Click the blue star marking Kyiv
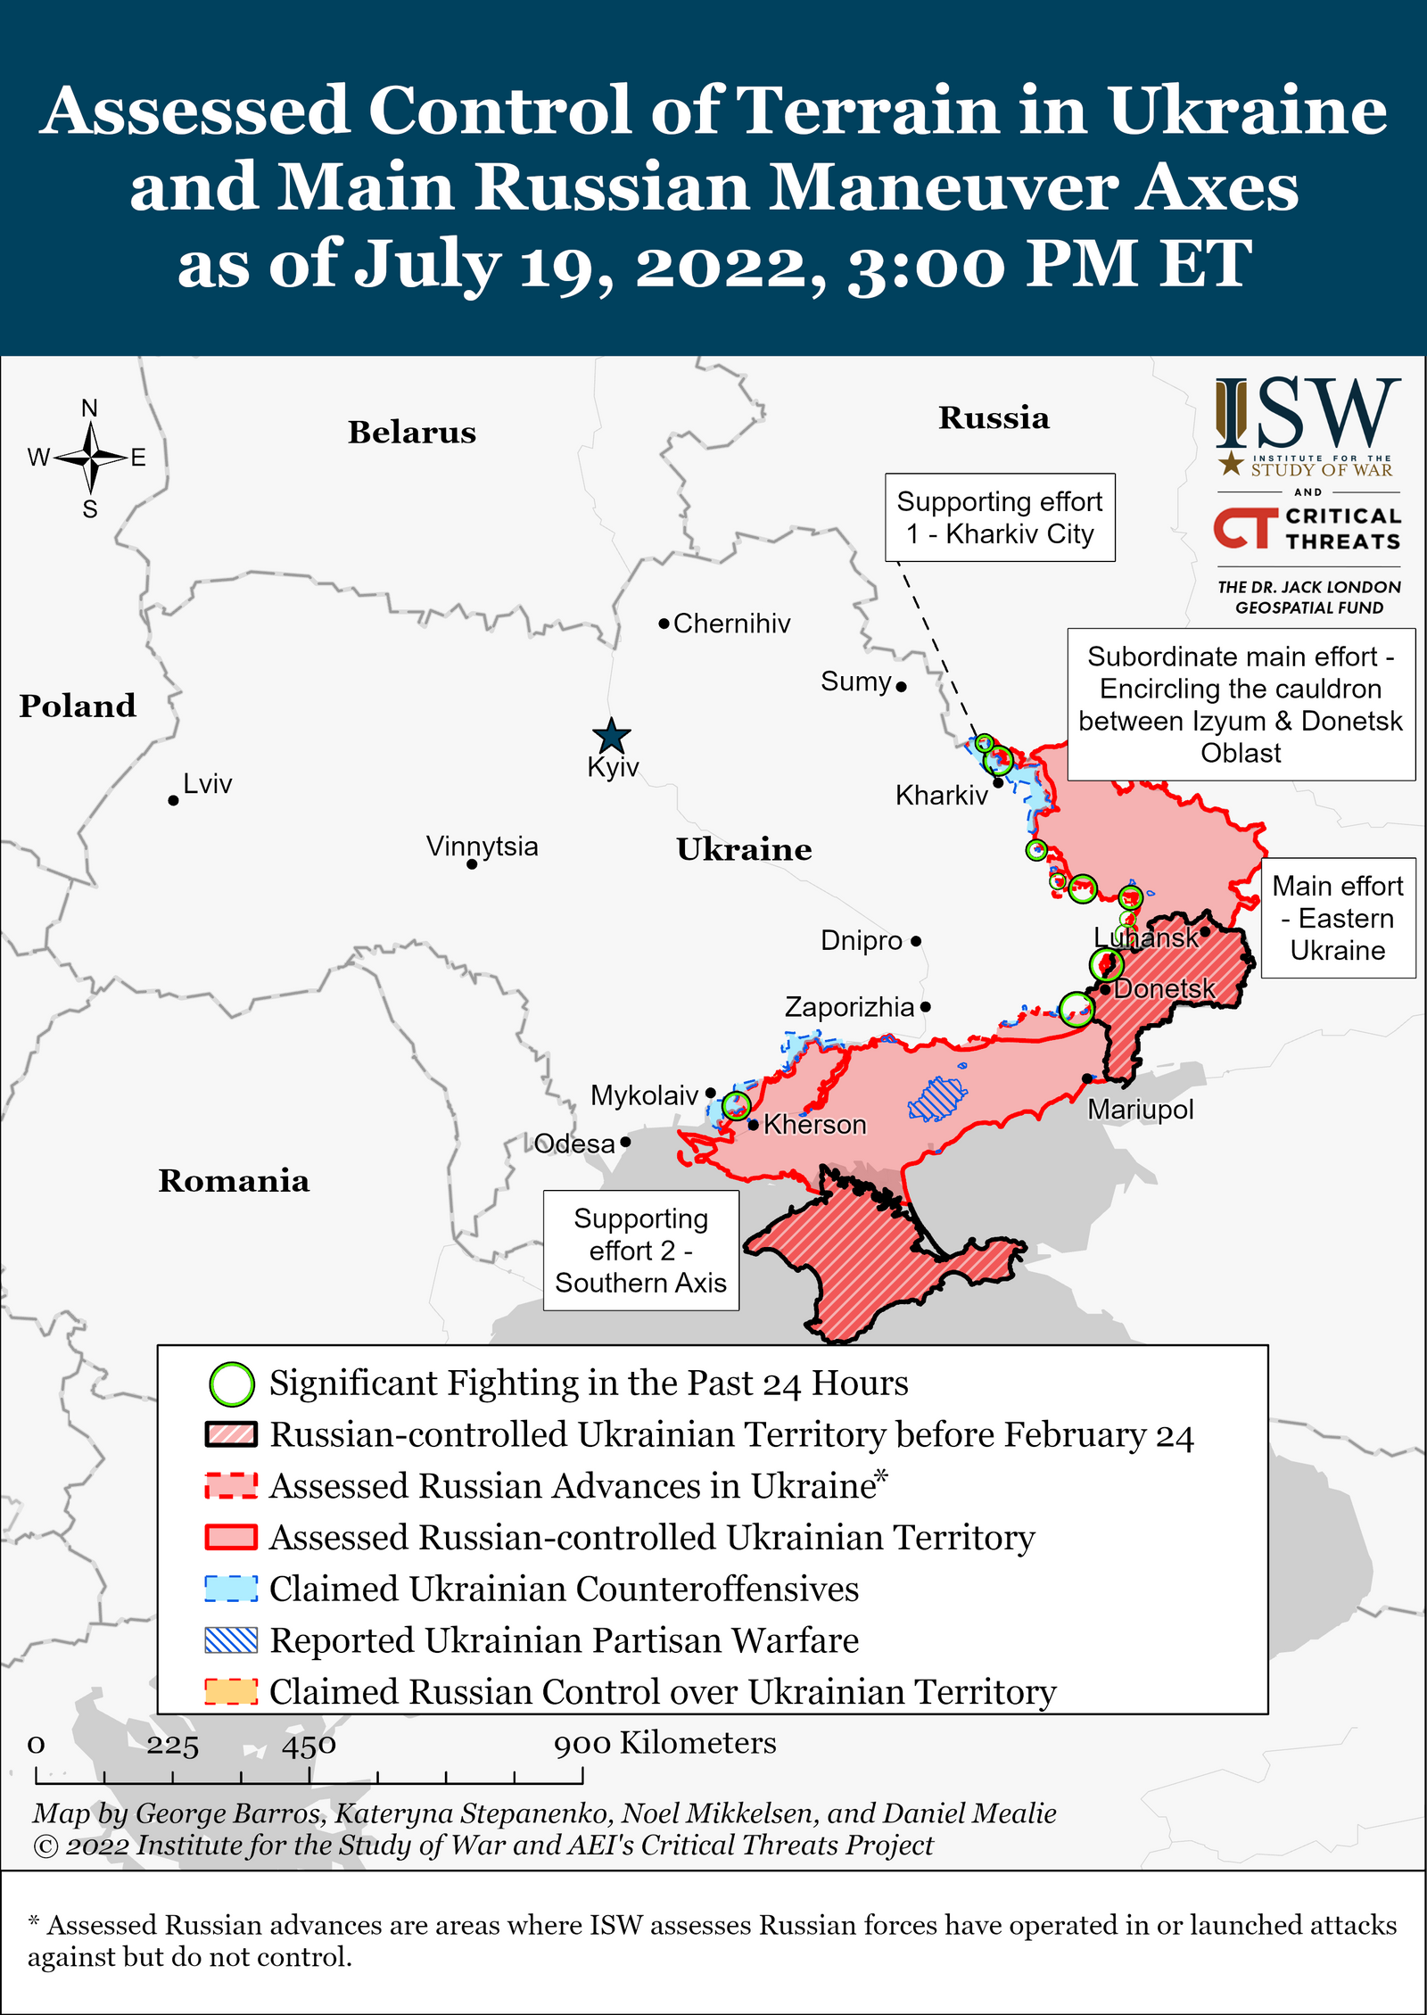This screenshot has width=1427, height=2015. (612, 737)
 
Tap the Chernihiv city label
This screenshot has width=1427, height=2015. (731, 623)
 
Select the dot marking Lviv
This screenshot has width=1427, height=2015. (173, 800)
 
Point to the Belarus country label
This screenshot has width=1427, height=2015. (411, 433)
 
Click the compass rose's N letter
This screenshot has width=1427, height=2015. (89, 409)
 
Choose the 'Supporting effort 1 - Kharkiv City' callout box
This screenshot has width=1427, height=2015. (1000, 517)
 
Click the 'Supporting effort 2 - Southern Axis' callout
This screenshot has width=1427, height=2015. (640, 1250)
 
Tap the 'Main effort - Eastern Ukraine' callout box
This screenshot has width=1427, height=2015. (1337, 918)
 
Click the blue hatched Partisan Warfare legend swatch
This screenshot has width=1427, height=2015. (231, 1640)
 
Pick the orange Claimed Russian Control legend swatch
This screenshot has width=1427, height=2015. (231, 1692)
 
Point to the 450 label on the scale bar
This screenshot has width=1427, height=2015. (309, 1746)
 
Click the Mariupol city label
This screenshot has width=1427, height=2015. (1140, 1110)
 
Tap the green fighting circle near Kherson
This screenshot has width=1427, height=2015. (736, 1106)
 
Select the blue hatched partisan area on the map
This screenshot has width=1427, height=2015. (936, 1098)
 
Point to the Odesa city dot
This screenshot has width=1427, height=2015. (625, 1142)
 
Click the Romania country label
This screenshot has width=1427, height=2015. (234, 1181)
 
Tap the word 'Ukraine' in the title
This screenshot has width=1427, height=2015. (1247, 111)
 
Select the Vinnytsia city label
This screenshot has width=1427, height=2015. (482, 846)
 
